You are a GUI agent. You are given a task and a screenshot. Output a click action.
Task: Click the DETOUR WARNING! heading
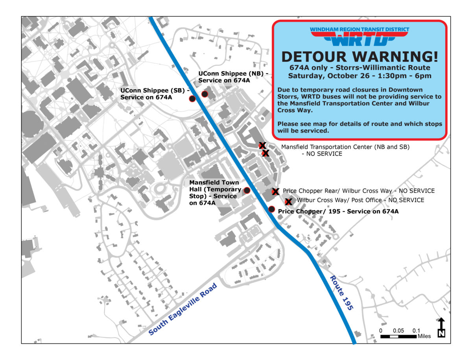(x=360, y=57)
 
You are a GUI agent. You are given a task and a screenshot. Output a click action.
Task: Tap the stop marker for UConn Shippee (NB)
(x=205, y=94)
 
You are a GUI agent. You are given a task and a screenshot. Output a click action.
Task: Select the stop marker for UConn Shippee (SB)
(x=192, y=98)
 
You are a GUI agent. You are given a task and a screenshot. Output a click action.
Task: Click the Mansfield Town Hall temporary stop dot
(x=247, y=190)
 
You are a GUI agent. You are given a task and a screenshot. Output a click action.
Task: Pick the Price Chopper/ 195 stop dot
(x=271, y=209)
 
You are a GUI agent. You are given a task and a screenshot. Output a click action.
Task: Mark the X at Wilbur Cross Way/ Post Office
(x=288, y=202)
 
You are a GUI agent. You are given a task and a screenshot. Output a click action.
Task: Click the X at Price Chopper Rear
(x=275, y=191)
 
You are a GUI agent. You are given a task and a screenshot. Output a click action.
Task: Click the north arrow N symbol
(x=441, y=328)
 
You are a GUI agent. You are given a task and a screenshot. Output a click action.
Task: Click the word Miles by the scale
(x=424, y=336)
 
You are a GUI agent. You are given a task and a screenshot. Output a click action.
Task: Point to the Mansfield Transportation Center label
(x=345, y=150)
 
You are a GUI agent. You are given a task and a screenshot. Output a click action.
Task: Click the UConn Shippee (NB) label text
(x=234, y=77)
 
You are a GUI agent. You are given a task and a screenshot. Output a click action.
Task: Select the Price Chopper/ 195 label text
(x=338, y=211)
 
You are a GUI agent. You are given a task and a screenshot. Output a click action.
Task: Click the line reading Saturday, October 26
(x=360, y=76)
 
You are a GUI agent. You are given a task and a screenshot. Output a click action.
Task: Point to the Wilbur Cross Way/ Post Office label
(x=360, y=200)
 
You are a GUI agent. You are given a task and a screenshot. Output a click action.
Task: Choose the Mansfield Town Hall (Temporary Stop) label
(x=215, y=193)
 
